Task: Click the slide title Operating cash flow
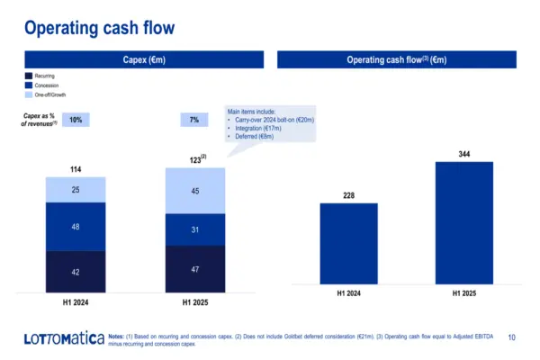(100, 28)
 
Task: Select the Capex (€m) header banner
(143, 59)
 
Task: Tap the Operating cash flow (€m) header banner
(397, 59)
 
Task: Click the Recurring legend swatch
(29, 77)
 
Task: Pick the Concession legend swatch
(29, 85)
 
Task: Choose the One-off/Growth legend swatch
(29, 94)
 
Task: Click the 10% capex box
(76, 120)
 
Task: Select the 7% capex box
(194, 120)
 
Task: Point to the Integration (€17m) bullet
(259, 130)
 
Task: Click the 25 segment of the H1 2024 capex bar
(75, 189)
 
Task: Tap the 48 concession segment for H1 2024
(75, 227)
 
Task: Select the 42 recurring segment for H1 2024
(75, 272)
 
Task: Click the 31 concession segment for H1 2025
(194, 229)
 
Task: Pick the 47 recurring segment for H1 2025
(194, 269)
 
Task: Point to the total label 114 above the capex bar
(75, 169)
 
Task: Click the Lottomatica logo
(60, 338)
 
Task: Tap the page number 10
(512, 337)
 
